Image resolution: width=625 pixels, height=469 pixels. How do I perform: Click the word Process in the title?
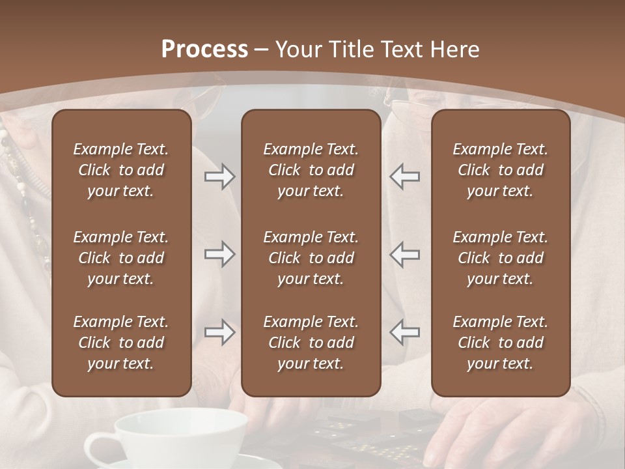(x=204, y=50)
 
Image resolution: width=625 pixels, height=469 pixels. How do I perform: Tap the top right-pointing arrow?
(x=219, y=177)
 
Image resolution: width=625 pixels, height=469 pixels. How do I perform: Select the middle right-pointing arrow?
(x=219, y=254)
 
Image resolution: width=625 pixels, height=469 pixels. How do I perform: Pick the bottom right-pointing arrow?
(x=219, y=332)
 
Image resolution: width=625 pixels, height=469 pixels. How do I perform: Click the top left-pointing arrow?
(x=404, y=177)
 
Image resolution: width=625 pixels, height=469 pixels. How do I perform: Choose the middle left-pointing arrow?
(x=404, y=254)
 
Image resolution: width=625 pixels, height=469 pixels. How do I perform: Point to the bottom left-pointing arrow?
(x=404, y=332)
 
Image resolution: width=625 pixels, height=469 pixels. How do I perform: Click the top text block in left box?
(x=121, y=170)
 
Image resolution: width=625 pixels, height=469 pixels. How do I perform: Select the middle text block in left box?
(x=121, y=258)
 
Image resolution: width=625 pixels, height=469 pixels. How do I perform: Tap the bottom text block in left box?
(x=121, y=343)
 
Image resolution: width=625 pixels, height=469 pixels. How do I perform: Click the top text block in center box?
(x=311, y=170)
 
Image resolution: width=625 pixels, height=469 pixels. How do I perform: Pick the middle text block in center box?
(x=311, y=258)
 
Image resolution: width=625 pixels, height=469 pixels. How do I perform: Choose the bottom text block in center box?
(x=311, y=343)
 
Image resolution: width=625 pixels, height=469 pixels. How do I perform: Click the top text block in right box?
(x=500, y=170)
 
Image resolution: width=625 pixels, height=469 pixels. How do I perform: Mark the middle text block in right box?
(x=500, y=258)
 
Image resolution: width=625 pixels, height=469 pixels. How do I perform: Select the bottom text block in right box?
(x=500, y=343)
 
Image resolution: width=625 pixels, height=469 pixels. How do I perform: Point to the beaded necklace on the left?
(x=26, y=195)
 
